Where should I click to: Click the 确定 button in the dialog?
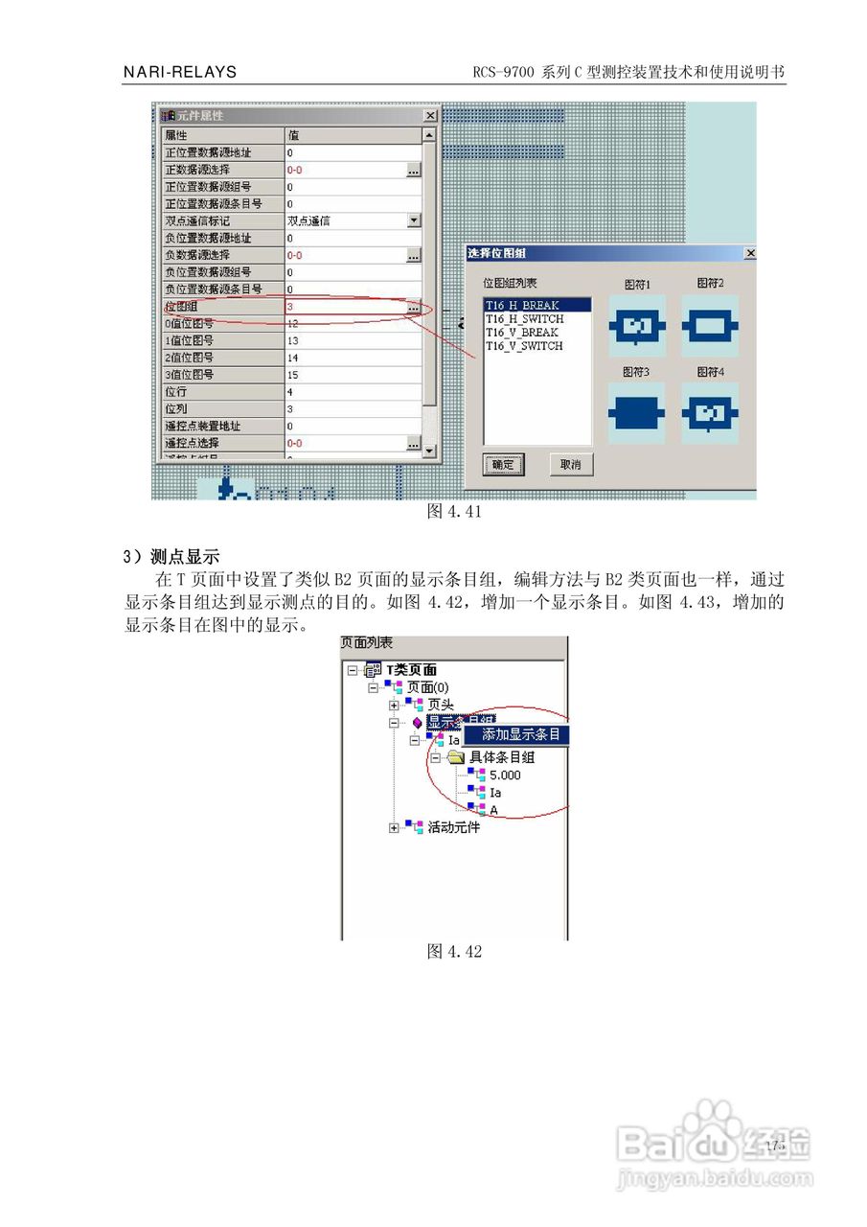pos(503,465)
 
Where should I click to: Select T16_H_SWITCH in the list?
pos(524,319)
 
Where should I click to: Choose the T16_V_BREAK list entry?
pos(522,333)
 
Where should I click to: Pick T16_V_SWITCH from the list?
pos(524,346)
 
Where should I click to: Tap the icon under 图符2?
pos(710,327)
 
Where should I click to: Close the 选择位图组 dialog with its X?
pos(749,253)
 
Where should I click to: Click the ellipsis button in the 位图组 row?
pos(413,307)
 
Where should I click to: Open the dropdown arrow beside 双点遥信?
pos(413,220)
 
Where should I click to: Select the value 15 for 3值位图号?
pos(292,375)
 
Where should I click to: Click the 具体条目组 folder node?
pos(501,757)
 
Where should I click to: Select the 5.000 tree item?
pos(504,776)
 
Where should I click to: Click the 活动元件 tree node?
pos(453,827)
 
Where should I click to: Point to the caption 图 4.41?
pos(453,512)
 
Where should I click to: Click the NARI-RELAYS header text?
pos(180,72)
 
